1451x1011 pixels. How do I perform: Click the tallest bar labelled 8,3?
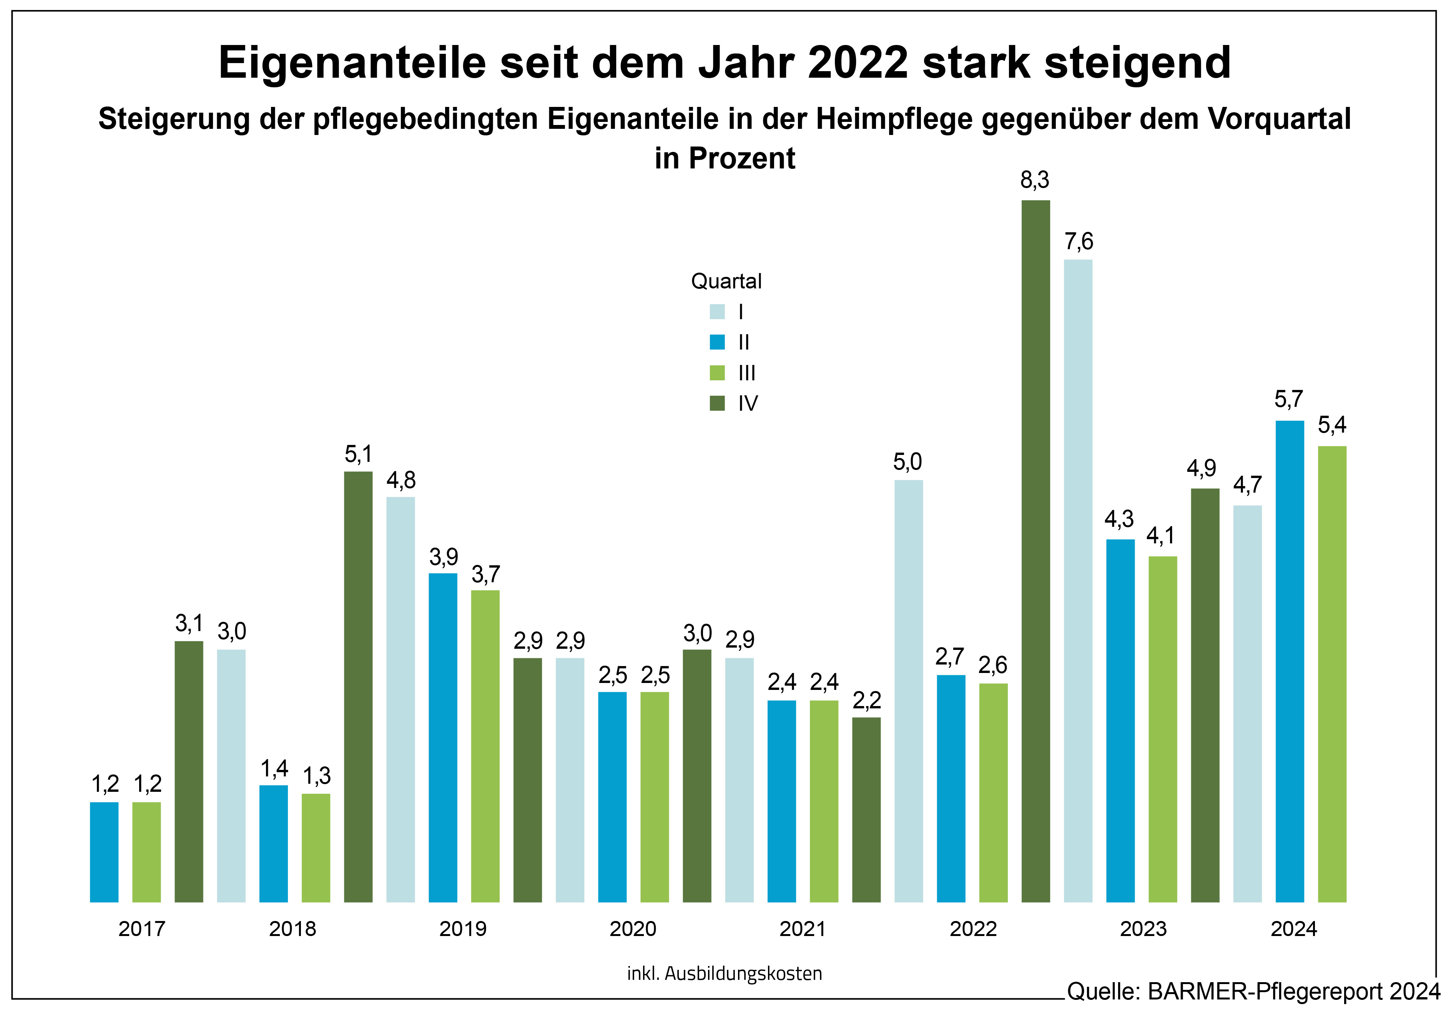click(1035, 550)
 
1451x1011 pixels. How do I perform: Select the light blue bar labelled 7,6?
click(1077, 580)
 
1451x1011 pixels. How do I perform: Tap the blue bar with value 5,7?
click(1289, 661)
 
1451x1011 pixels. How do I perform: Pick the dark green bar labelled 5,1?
click(358, 686)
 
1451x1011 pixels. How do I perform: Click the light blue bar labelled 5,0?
click(908, 690)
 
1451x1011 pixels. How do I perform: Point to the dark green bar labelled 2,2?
click(866, 809)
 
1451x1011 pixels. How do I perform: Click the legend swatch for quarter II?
click(716, 342)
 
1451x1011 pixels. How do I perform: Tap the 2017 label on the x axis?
click(141, 929)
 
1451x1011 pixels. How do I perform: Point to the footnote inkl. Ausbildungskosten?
click(724, 973)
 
